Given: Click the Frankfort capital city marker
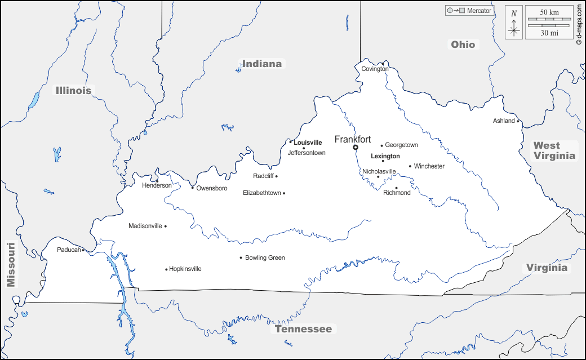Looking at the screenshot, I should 356,148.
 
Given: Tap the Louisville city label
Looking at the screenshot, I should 308,143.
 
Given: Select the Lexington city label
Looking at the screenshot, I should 385,156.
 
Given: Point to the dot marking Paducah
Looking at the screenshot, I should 83,250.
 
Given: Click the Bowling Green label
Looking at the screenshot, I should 265,258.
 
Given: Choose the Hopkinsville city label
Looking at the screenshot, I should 185,269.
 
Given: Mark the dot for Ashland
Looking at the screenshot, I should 518,121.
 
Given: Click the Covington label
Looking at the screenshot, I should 375,69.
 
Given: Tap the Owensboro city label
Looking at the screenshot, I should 212,188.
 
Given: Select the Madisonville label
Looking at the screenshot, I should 145,226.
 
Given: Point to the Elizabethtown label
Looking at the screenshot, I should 261,193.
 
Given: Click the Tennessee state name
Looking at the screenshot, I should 304,329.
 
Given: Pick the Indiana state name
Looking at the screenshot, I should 262,64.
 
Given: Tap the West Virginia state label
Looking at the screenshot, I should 555,150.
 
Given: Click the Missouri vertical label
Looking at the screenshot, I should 11,265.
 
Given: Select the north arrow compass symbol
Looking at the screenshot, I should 514,23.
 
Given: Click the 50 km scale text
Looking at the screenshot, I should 549,12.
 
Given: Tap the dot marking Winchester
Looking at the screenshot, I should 410,166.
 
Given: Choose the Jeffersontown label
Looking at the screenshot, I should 307,153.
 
